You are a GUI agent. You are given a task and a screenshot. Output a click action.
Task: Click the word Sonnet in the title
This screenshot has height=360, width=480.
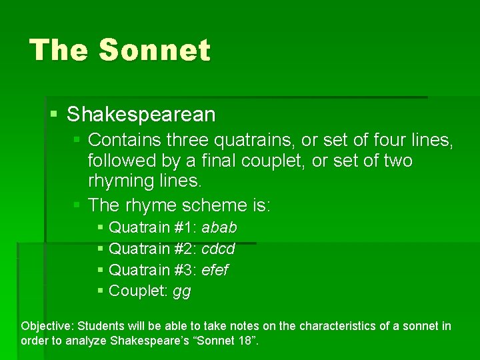click(x=154, y=51)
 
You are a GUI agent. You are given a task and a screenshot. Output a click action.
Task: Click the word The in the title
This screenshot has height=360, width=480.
click(x=59, y=51)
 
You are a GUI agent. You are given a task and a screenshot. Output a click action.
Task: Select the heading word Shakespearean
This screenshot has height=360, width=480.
click(x=141, y=115)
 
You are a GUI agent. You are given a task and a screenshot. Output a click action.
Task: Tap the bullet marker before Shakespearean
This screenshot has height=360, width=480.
click(x=54, y=115)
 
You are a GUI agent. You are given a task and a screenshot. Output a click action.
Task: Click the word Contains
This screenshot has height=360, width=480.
click(x=125, y=140)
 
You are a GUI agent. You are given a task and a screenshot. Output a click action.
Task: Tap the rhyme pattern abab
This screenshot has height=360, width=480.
click(x=219, y=228)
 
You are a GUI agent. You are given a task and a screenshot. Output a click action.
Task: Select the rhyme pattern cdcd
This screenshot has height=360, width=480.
click(x=218, y=249)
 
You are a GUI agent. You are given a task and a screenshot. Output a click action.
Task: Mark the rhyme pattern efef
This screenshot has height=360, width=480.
click(x=215, y=271)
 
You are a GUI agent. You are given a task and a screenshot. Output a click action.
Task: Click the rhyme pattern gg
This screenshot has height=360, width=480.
click(x=181, y=292)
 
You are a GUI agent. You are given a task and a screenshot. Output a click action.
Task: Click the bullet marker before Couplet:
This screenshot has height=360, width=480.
click(x=100, y=291)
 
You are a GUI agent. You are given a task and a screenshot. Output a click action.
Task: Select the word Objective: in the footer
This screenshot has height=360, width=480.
click(x=47, y=327)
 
